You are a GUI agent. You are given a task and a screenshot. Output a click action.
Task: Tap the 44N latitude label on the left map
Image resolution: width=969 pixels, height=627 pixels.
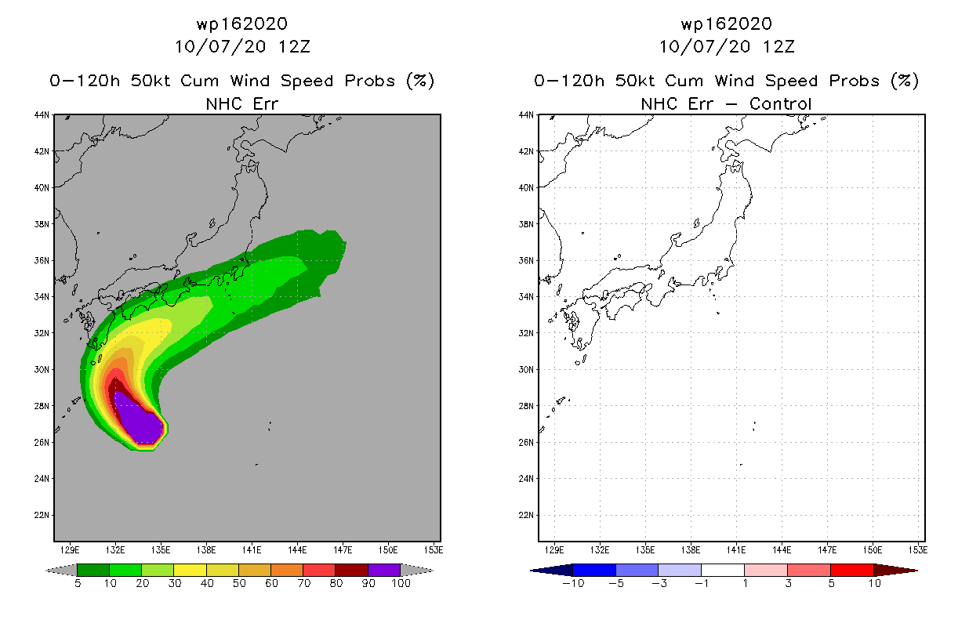42,115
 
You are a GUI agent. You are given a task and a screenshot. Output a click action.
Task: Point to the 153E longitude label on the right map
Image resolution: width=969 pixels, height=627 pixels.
917,550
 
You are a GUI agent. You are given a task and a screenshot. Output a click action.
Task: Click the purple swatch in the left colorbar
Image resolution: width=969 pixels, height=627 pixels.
384,570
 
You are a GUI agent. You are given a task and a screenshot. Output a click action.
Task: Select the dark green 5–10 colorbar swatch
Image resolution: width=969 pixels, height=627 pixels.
93,570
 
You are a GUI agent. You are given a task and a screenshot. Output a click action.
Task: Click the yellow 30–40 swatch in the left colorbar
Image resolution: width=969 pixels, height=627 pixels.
191,570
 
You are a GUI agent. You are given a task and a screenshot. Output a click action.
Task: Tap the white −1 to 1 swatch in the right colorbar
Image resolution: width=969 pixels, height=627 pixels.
723,570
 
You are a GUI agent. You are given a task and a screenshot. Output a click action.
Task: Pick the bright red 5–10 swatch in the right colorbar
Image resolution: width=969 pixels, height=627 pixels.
852,570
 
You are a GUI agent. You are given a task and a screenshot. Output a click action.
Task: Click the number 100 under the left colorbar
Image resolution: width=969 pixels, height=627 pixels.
401,583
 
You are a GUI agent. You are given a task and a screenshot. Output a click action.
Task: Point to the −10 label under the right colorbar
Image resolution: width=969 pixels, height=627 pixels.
573,583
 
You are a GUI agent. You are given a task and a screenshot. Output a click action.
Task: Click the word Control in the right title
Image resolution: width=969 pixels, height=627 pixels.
780,103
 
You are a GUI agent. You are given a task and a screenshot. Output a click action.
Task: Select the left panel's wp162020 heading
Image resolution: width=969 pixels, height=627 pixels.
242,24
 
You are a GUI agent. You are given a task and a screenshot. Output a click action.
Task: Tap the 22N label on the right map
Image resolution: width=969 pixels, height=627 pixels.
526,515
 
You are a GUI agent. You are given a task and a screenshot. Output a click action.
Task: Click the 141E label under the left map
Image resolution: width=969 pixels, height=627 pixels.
252,550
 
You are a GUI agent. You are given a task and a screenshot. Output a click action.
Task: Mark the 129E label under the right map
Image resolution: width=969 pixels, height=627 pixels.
554,550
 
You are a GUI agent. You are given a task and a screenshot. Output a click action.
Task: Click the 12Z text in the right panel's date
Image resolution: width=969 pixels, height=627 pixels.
778,47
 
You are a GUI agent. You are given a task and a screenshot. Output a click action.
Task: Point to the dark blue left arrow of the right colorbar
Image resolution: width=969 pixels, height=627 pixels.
552,571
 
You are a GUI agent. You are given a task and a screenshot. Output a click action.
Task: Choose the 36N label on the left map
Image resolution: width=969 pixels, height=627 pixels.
42,260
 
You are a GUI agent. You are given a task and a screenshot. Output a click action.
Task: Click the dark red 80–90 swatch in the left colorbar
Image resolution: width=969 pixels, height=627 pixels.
352,570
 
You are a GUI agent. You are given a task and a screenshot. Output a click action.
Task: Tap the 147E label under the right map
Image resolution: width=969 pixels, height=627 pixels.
826,550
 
